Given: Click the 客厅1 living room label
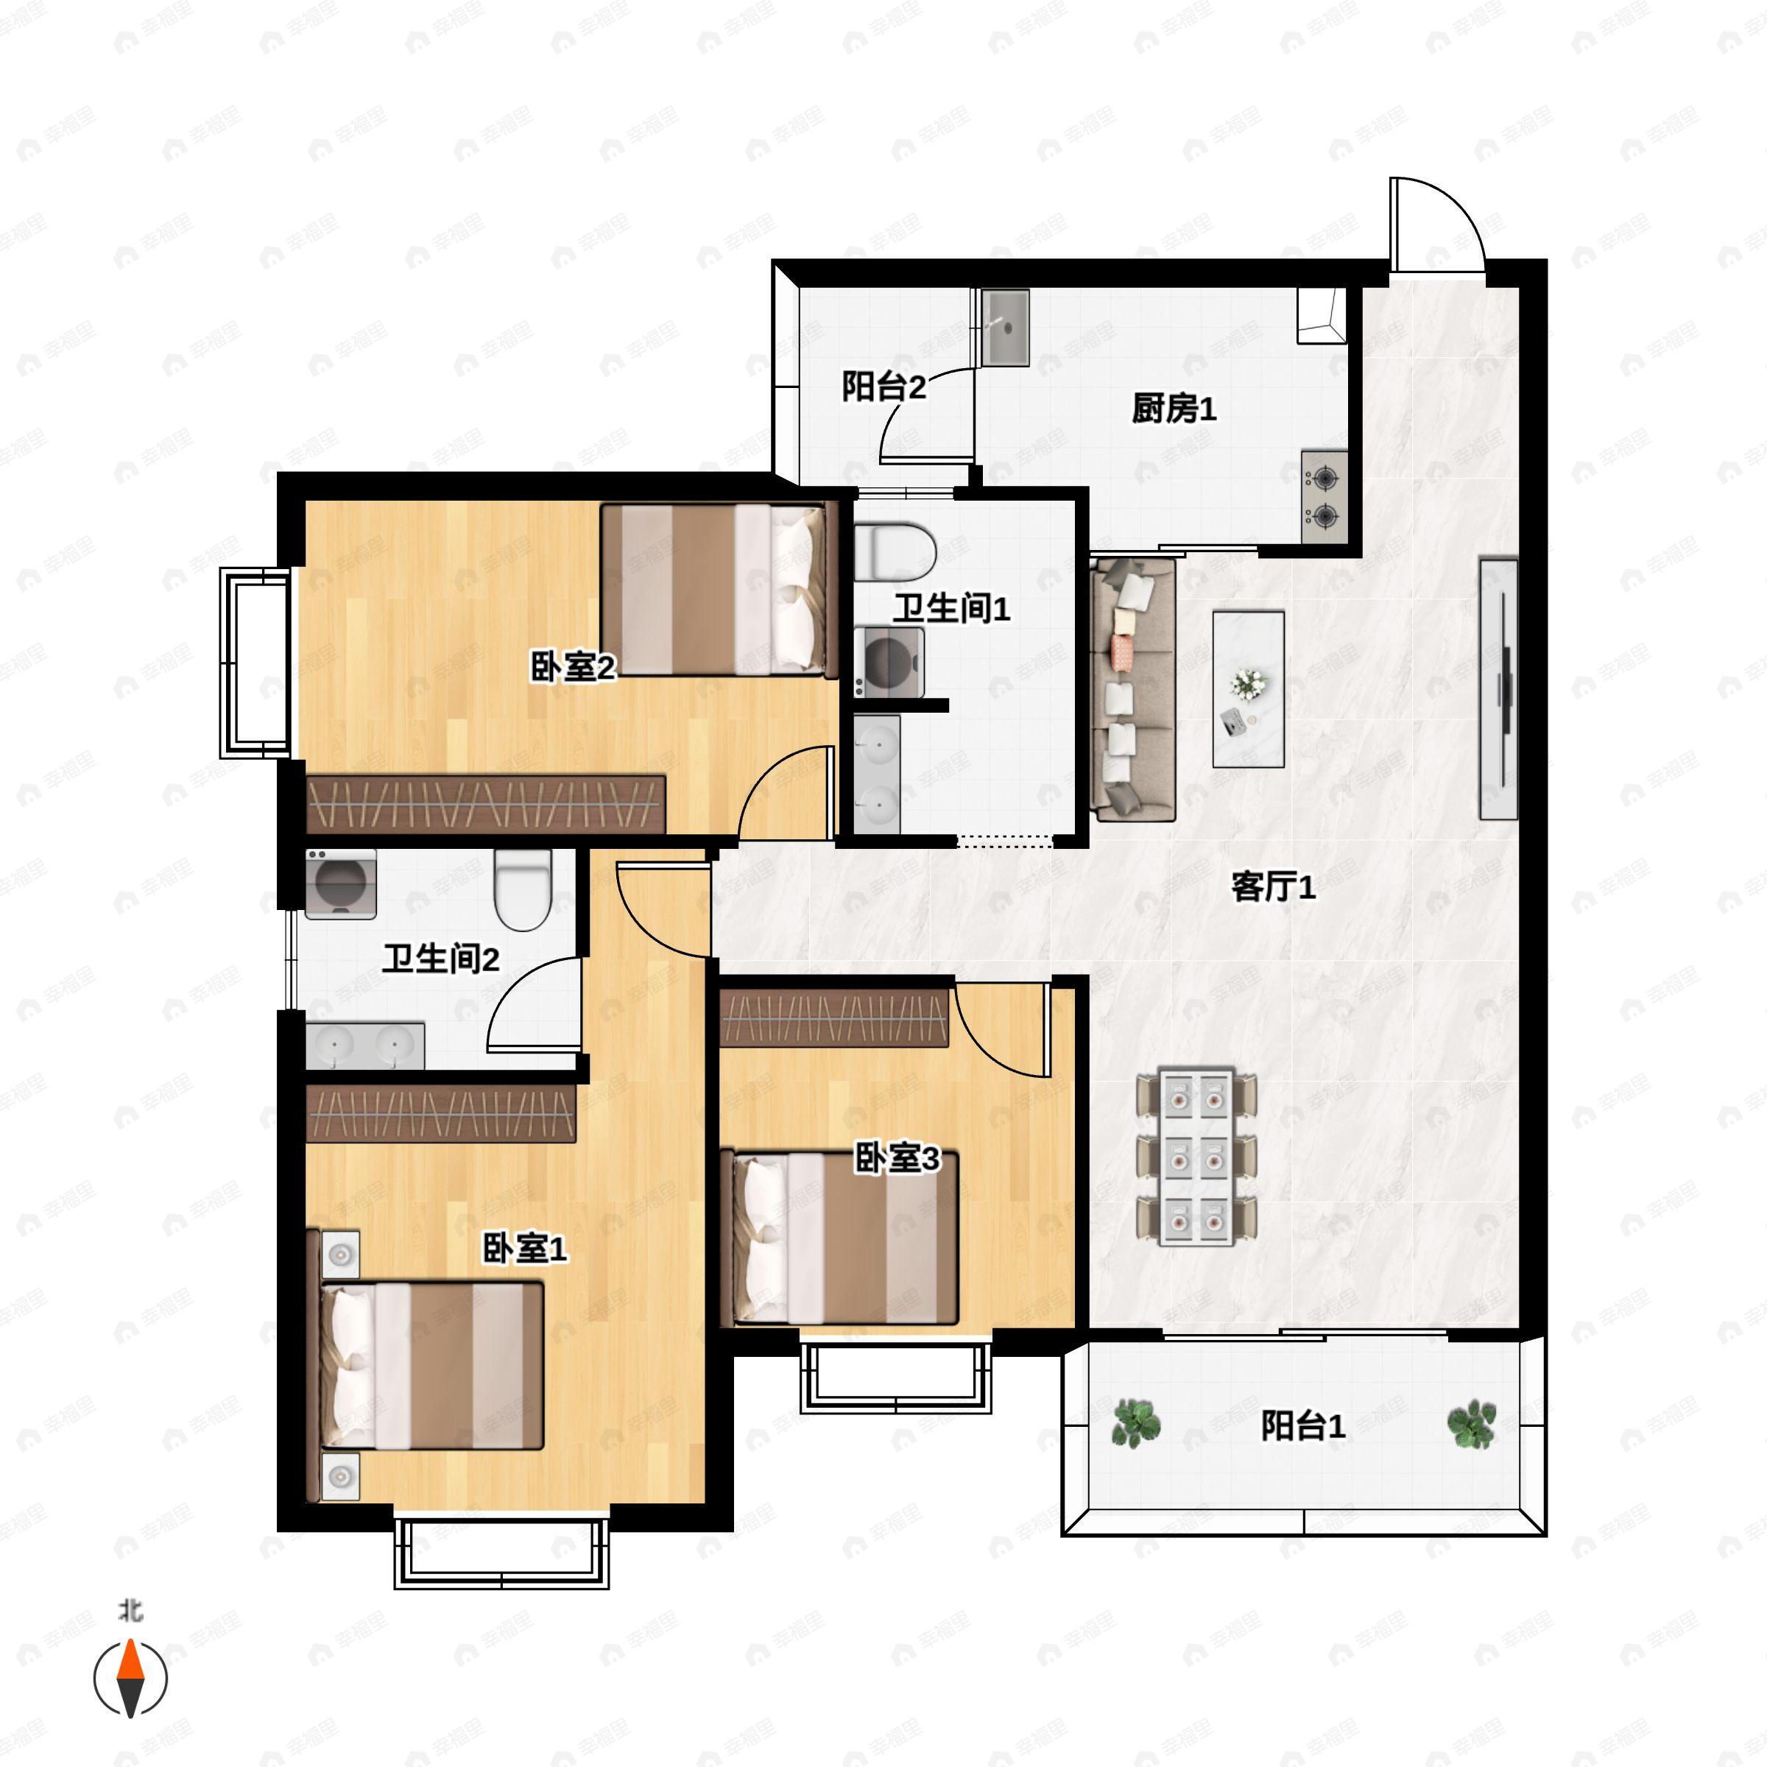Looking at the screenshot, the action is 1273,886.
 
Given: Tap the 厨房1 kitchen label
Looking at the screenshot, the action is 1174,408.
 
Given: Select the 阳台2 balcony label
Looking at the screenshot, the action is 883,386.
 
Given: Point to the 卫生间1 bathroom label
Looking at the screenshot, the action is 951,608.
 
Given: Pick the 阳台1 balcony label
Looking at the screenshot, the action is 1302,1426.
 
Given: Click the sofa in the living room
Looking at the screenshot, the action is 1133,690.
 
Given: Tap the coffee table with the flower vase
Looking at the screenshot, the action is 1249,690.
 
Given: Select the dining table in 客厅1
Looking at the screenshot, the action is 1196,1157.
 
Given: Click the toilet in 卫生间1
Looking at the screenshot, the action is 895,551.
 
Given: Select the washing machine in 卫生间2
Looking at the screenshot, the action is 340,883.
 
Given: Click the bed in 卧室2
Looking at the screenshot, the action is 719,590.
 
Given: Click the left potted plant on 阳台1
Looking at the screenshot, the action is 1136,1424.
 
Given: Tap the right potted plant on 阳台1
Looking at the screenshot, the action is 1471,1424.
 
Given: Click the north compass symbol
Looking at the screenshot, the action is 131,1679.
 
